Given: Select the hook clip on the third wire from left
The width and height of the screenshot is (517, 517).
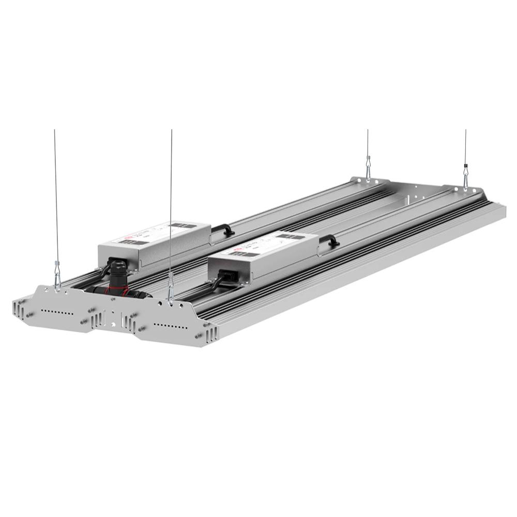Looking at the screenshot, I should (368, 169).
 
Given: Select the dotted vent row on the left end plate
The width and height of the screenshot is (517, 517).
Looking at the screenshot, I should (57, 312).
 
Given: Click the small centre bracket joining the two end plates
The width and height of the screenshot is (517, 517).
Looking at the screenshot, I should (111, 317).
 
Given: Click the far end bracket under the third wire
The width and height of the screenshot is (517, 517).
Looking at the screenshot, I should (369, 181).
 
